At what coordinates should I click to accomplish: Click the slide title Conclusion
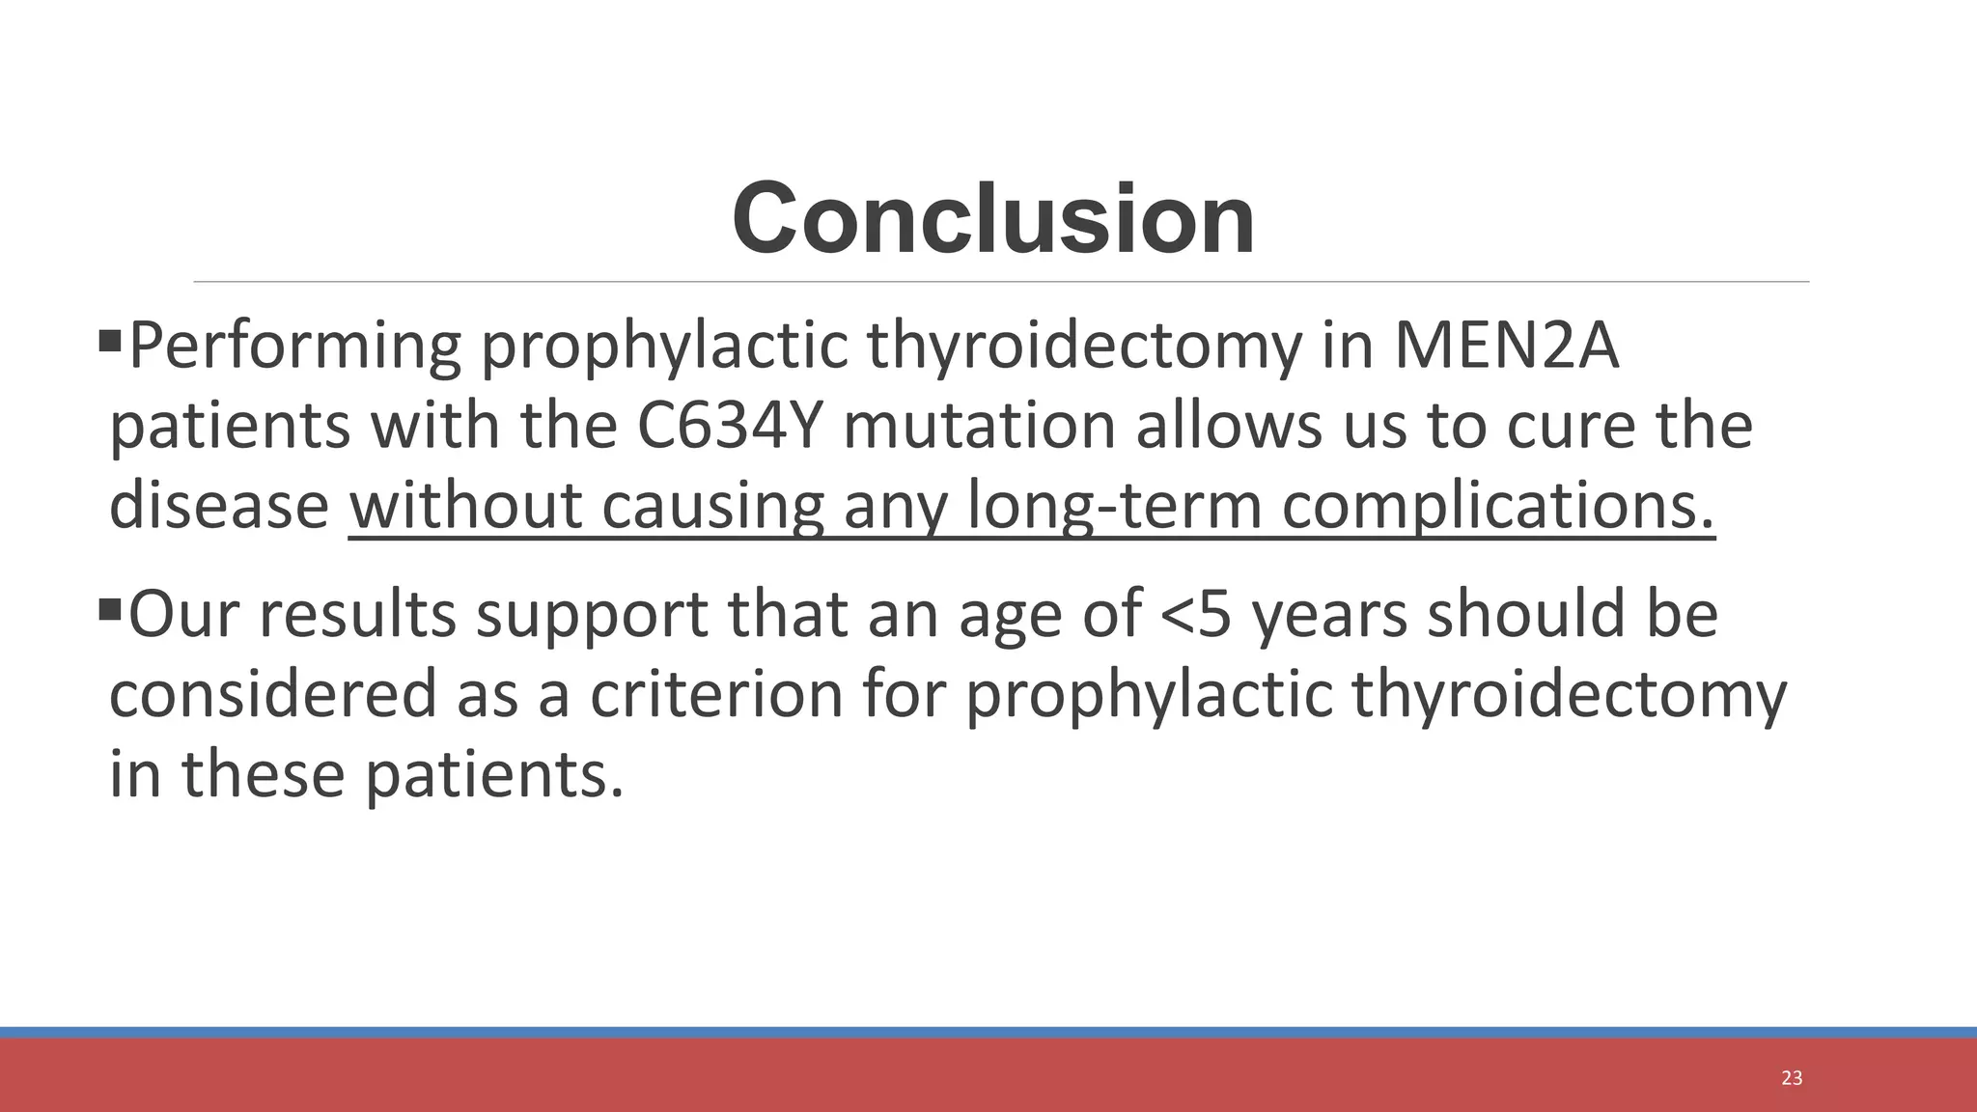(x=993, y=219)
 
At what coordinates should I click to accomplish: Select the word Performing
(x=294, y=347)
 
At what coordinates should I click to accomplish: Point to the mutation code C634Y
(x=730, y=426)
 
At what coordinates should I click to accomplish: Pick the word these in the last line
(x=263, y=773)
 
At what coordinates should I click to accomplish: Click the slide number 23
(x=1792, y=1078)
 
